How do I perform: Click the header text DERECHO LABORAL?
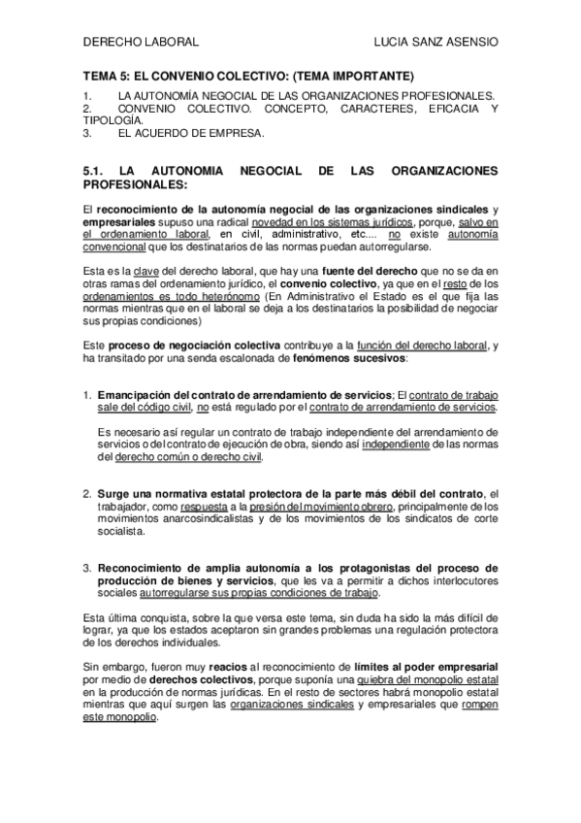(141, 44)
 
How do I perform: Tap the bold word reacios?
(215, 667)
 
